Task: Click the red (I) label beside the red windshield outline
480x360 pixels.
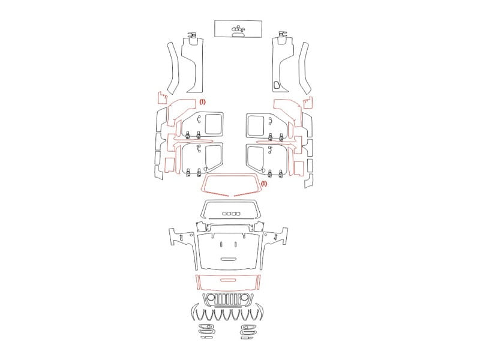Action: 264,184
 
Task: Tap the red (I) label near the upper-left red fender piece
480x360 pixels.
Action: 203,102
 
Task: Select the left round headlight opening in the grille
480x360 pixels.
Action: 211,297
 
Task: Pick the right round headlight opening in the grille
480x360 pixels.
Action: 244,297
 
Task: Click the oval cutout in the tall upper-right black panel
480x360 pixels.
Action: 277,85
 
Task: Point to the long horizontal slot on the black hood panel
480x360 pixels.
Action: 229,259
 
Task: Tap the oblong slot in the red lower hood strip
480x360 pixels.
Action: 229,280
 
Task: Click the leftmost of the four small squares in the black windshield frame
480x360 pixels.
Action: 224,214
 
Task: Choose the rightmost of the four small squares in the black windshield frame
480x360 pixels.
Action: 238,214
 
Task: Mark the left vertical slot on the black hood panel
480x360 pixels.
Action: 221,244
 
